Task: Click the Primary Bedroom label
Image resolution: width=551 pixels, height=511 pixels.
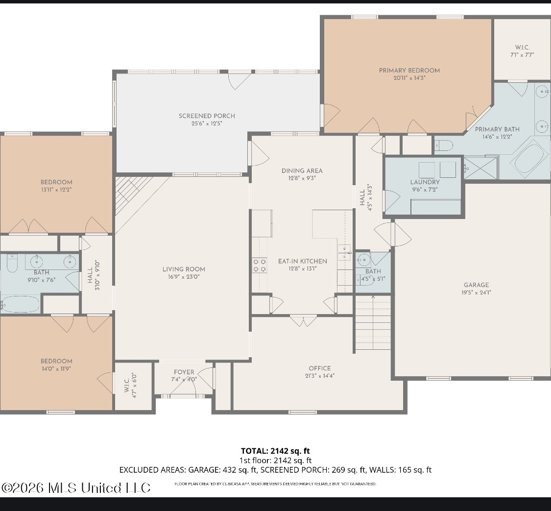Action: pyautogui.click(x=409, y=71)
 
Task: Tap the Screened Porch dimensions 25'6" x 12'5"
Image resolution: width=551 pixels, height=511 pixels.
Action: pyautogui.click(x=207, y=124)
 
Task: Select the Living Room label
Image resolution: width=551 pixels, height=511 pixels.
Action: pyautogui.click(x=184, y=269)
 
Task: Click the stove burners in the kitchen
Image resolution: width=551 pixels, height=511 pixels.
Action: pyautogui.click(x=260, y=266)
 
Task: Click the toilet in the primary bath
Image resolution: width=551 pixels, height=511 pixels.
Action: pyautogui.click(x=443, y=146)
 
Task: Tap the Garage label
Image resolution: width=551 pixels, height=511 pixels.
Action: pyautogui.click(x=476, y=285)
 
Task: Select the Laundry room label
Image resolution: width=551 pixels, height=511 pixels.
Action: pyautogui.click(x=425, y=182)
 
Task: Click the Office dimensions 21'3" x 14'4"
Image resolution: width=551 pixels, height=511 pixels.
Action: pyautogui.click(x=320, y=376)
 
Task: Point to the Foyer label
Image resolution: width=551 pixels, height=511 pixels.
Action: pyautogui.click(x=184, y=372)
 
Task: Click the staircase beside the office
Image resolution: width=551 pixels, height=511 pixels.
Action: pyautogui.click(x=373, y=323)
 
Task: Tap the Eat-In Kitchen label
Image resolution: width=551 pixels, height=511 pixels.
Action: pyautogui.click(x=303, y=261)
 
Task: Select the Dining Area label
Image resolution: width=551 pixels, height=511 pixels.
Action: pyautogui.click(x=302, y=171)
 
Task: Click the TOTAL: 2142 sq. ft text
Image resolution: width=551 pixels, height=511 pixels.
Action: pyautogui.click(x=275, y=451)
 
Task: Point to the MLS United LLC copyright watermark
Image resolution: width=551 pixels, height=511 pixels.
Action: pyautogui.click(x=76, y=488)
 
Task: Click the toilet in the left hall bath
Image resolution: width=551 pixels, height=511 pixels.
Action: pyautogui.click(x=12, y=263)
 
